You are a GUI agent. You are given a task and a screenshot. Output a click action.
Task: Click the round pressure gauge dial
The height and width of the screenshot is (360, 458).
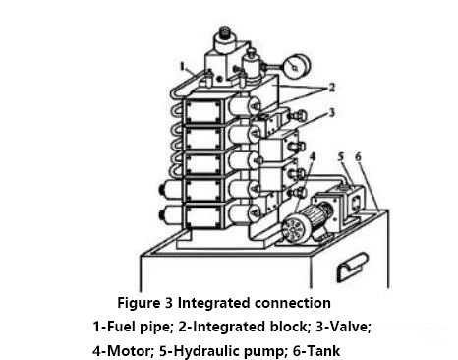298,67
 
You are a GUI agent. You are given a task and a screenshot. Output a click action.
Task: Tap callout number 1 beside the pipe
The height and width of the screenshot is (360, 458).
183,66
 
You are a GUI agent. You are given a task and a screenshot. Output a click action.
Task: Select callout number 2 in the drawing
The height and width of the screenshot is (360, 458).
332,88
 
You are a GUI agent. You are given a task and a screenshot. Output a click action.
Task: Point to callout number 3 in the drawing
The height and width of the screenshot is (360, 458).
331,112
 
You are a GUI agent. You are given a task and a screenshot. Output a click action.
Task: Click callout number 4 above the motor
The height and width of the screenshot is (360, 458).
313,156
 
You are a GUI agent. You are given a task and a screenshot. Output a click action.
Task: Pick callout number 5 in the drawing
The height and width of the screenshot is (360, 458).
341,156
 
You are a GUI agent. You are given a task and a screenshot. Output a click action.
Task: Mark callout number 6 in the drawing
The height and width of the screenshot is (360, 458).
358,156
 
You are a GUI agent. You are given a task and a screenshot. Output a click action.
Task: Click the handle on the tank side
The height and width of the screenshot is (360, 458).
353,267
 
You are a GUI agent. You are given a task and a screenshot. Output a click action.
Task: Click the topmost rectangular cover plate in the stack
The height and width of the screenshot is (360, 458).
203,110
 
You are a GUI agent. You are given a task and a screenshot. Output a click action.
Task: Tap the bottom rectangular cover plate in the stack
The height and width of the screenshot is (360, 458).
202,216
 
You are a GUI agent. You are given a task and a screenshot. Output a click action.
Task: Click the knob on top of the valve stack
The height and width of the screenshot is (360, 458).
224,31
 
